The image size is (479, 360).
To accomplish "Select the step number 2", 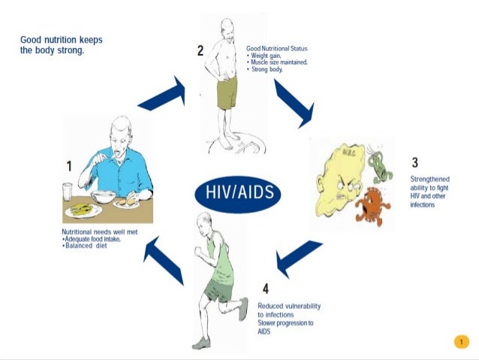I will coord(200,51).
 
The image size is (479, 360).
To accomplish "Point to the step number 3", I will coord(414,163).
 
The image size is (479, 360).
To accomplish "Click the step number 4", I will coord(265,288).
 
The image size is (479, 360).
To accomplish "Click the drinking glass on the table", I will coord(68,192).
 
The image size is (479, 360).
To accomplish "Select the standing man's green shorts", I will coord(227,92).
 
